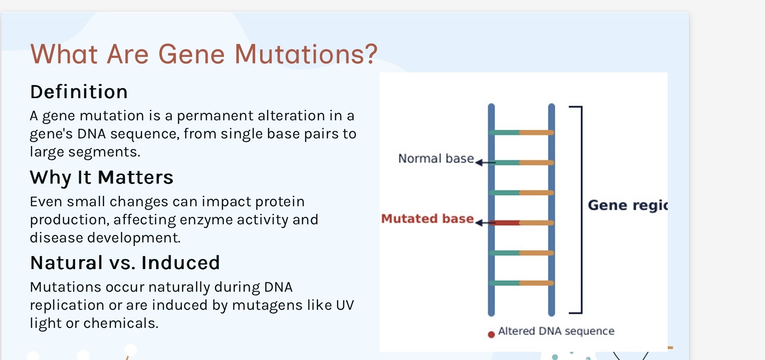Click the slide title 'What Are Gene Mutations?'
pyautogui.click(x=204, y=54)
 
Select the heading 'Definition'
pyautogui.click(x=79, y=92)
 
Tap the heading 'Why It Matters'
pyautogui.click(x=101, y=177)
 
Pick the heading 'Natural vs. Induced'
pyautogui.click(x=125, y=263)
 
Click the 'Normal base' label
pyautogui.click(x=436, y=159)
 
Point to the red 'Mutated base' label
pyautogui.click(x=427, y=219)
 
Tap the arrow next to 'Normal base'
pyautogui.click(x=484, y=162)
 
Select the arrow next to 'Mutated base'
pyautogui.click(x=484, y=223)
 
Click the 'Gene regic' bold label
pyautogui.click(x=627, y=205)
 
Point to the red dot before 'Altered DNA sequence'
pyautogui.click(x=491, y=335)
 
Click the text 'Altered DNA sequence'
pyautogui.click(x=556, y=331)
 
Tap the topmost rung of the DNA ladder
pyautogui.click(x=522, y=133)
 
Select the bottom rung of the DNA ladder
pyautogui.click(x=522, y=283)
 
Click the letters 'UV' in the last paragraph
pyautogui.click(x=345, y=305)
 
